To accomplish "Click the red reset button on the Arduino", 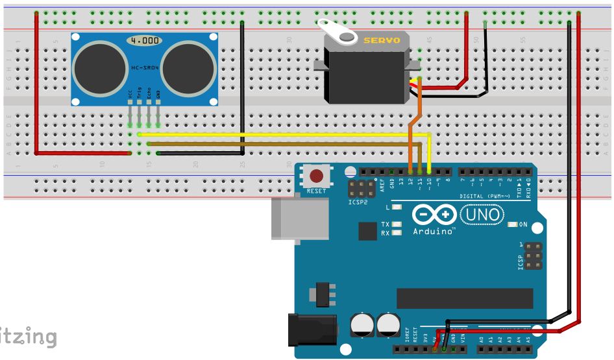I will click(x=317, y=176).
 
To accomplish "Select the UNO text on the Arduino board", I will click(x=481, y=214).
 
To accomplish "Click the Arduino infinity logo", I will click(x=430, y=215).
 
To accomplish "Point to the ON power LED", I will click(x=512, y=224).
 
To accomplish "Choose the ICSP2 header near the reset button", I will click(x=359, y=190).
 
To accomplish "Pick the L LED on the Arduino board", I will click(x=397, y=208).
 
